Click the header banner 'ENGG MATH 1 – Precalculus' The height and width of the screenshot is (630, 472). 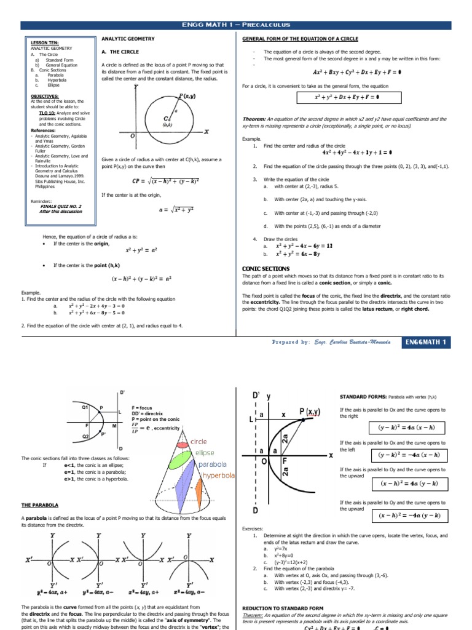(x=236, y=25)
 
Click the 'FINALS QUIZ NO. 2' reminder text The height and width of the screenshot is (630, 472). (x=60, y=206)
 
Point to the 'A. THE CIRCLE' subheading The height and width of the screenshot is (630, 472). (x=120, y=52)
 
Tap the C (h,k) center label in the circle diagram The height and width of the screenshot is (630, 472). (x=167, y=119)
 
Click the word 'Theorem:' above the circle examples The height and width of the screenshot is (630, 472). (x=254, y=119)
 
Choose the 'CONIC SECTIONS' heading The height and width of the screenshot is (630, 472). (x=267, y=269)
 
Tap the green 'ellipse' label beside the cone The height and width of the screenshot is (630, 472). (x=205, y=453)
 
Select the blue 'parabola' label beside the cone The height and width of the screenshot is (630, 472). (x=213, y=465)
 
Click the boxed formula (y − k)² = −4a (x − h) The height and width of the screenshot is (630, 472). (x=409, y=455)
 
